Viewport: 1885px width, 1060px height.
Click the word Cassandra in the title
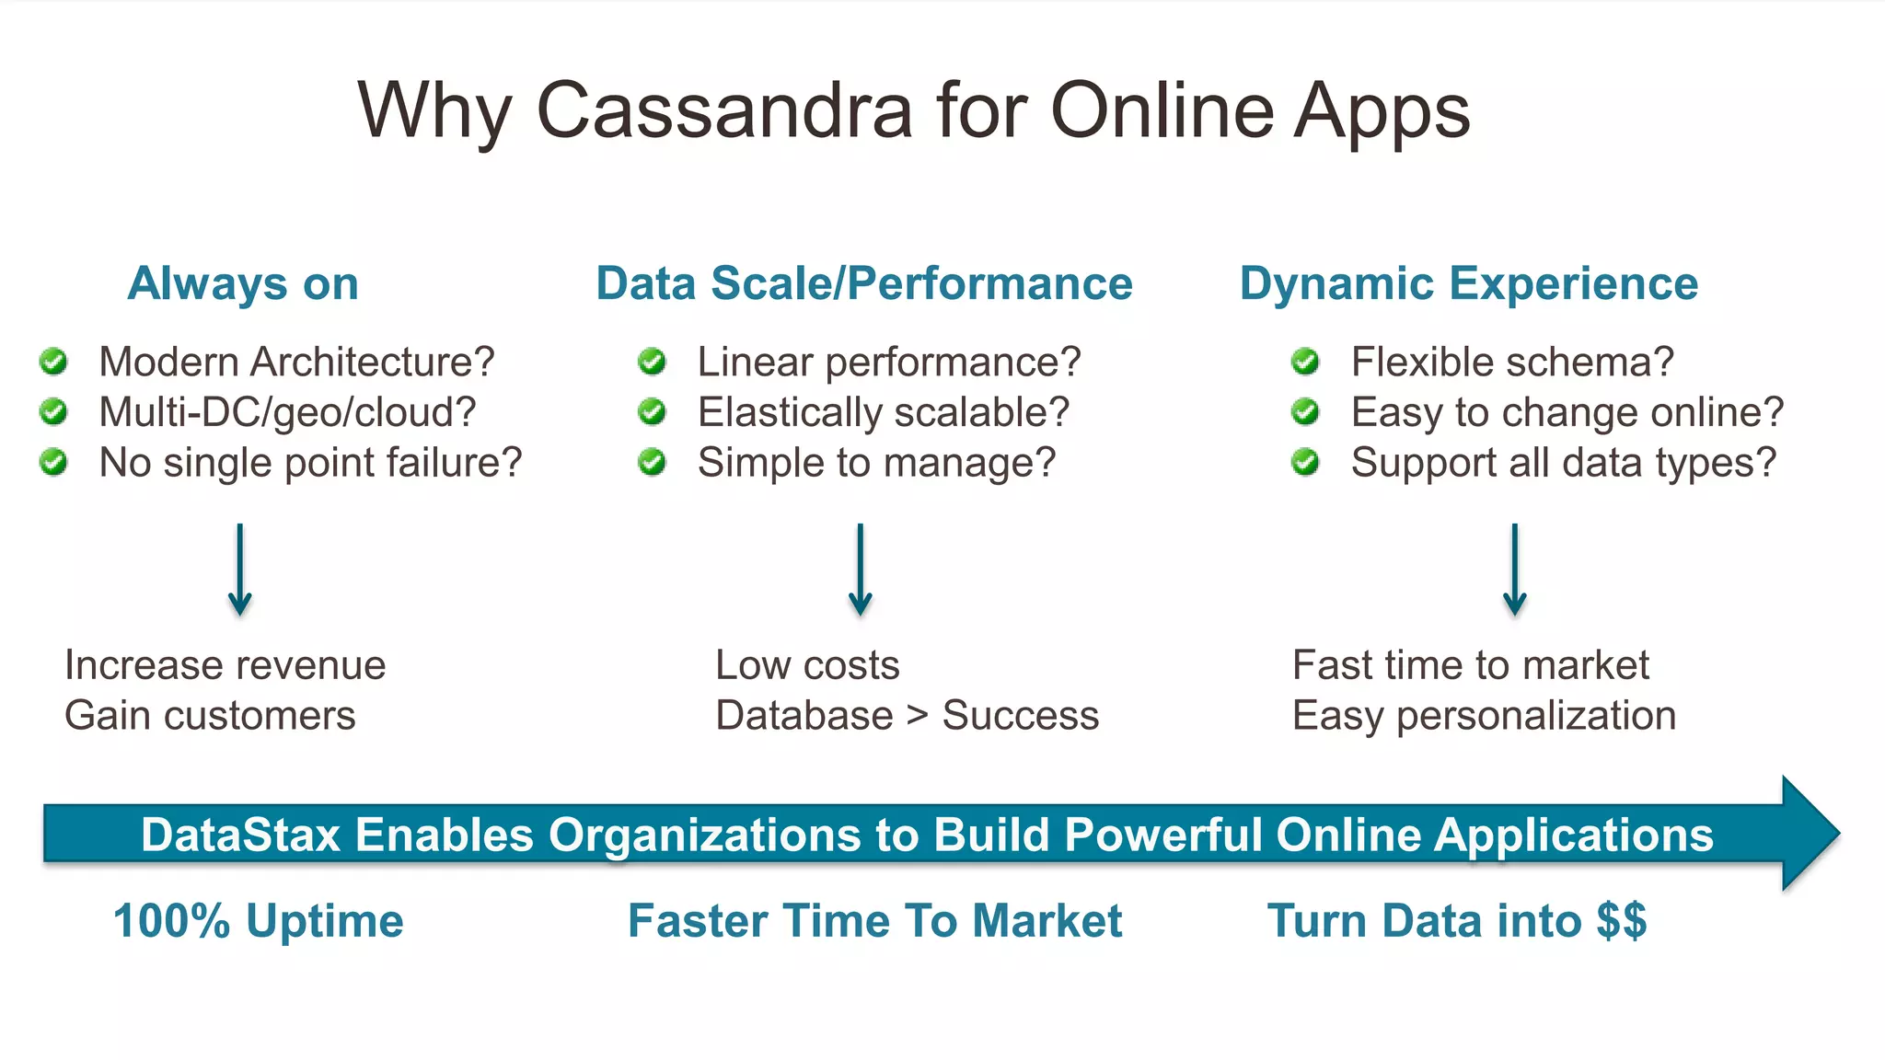click(723, 110)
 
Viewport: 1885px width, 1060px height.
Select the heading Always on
click(243, 283)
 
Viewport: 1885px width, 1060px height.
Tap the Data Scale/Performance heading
click(863, 283)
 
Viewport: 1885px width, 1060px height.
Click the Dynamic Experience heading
click(1468, 283)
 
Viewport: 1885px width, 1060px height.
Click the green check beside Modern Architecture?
click(54, 362)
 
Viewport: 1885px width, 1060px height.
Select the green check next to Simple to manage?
click(653, 462)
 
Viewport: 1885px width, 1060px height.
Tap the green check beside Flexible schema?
click(1305, 362)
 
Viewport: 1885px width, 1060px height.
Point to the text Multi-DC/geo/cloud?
click(287, 412)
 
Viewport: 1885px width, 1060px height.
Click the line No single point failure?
click(310, 463)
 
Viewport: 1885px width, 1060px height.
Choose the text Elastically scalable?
click(883, 412)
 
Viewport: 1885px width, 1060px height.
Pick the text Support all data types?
click(1563, 463)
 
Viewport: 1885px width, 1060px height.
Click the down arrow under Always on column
click(240, 570)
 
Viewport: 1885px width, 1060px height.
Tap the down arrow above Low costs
click(861, 570)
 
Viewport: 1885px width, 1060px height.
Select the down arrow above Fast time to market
click(1514, 570)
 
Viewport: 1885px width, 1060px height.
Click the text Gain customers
click(210, 716)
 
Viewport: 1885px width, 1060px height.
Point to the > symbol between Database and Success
click(917, 716)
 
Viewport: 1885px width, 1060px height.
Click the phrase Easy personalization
click(1484, 716)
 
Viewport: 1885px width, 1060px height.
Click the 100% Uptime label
click(259, 921)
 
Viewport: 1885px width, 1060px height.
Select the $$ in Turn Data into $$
click(1622, 921)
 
